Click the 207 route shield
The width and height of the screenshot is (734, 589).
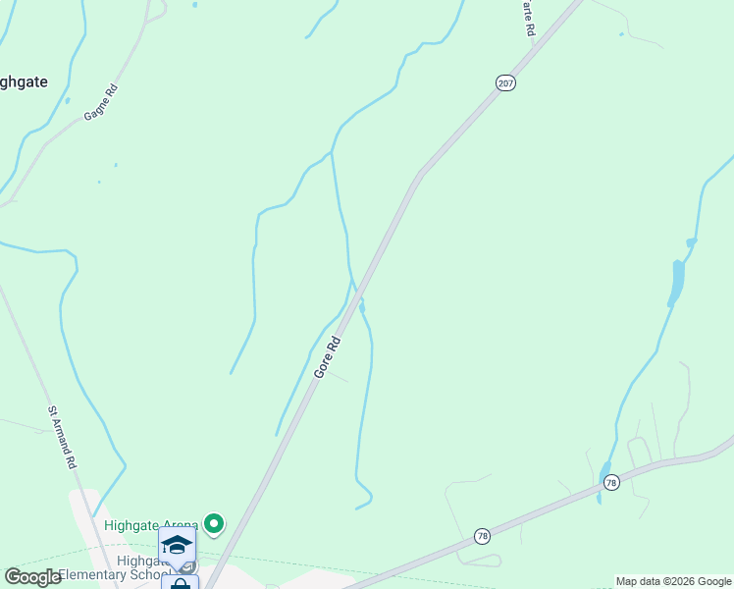pos(505,83)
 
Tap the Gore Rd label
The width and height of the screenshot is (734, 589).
pos(328,357)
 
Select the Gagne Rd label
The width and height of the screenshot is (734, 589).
pos(100,101)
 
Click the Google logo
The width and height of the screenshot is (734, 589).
pos(32,577)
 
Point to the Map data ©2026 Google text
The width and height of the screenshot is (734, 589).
pos(673,581)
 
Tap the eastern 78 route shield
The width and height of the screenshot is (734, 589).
pos(611,482)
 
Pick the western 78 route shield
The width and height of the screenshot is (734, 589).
pos(482,535)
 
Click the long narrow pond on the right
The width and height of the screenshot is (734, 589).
pos(676,282)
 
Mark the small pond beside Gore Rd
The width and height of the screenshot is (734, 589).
pos(362,307)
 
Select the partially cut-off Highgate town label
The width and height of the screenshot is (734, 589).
pos(22,82)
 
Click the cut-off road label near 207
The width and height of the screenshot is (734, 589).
pos(529,20)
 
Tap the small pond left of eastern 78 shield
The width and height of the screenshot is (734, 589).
pos(601,482)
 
